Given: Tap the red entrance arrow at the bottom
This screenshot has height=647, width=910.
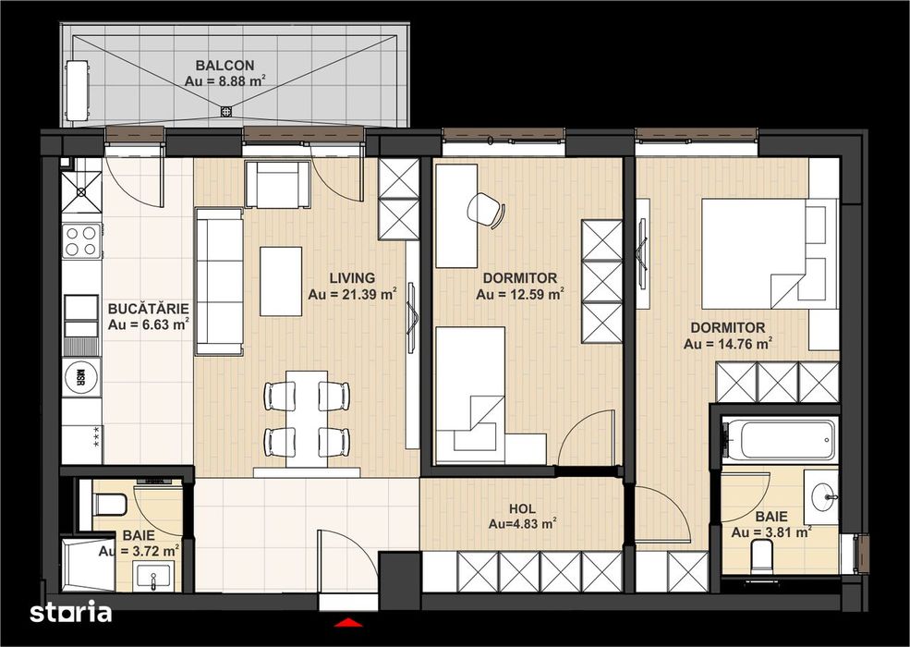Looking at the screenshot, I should point(347,623).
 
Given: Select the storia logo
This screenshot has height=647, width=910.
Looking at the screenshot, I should point(70,612).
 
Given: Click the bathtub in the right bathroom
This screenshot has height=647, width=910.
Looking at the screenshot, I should point(780,440).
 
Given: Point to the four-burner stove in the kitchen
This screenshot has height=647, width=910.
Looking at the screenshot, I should point(80,241).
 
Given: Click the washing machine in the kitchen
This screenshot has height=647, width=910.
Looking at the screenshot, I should point(80,377).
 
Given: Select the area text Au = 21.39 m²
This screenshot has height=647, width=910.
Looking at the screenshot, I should point(352,295).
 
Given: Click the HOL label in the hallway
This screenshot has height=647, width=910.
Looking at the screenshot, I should point(522,507).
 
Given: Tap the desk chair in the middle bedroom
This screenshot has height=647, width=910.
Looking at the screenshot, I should point(486,210).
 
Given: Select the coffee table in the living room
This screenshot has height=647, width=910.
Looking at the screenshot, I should point(281,281).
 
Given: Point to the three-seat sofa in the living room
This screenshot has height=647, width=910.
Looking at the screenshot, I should point(219,281).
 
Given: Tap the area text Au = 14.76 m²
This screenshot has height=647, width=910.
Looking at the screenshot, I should point(728,344).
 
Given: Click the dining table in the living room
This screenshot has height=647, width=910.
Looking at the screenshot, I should point(307,414).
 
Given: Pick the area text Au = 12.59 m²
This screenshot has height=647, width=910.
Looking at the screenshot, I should point(520,295).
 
